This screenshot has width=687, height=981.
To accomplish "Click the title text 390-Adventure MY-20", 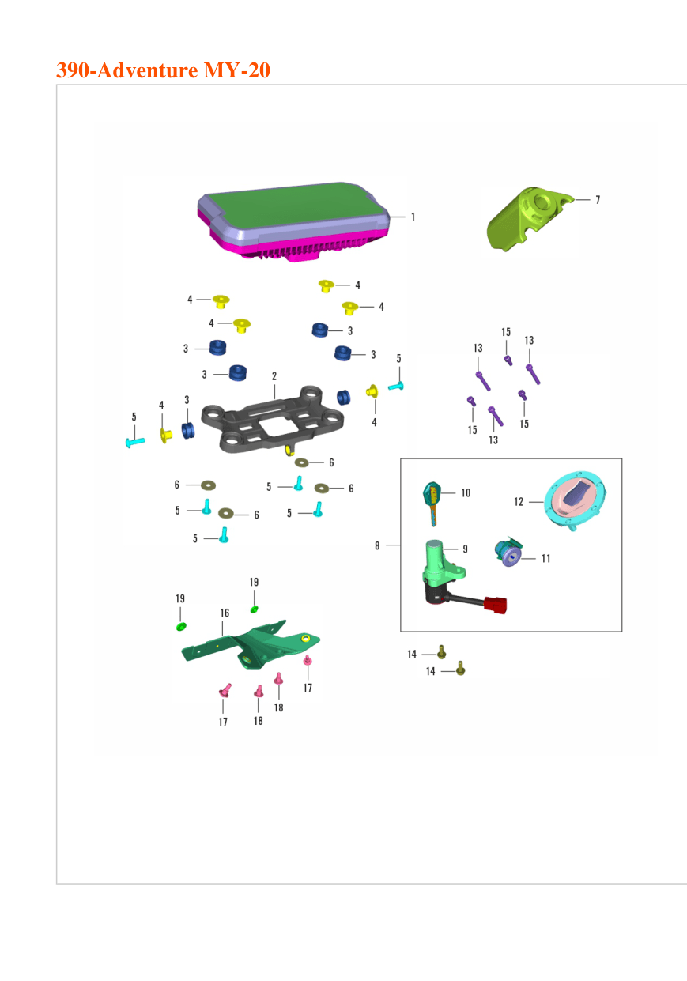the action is coord(163,70).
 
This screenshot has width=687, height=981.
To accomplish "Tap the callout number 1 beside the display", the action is coord(413,217).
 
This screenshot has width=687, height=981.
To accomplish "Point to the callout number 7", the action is coord(598,200).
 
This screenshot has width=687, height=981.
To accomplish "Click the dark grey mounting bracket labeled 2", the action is coord(272,420).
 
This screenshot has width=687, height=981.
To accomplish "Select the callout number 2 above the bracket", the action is coord(274,376).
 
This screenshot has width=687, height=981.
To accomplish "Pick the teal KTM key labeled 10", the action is coord(432,504).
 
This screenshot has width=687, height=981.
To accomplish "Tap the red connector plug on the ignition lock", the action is coord(495,606).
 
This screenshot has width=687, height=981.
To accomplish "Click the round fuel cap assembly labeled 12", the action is coord(576,500).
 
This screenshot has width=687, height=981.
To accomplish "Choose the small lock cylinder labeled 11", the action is coord(508,551).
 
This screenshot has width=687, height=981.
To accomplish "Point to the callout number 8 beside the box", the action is coord(377,545).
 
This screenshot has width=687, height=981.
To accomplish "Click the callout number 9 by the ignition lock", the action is coord(465,549).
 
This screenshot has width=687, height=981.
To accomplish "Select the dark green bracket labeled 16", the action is coord(251,645).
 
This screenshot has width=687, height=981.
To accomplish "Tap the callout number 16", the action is coord(225,613).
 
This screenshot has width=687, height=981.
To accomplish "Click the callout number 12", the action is coord(519,502).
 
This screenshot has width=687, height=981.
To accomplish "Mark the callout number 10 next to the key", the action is coord(466,493).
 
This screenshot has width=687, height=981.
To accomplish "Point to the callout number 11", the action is coord(545,558).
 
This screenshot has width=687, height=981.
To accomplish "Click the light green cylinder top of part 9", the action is coord(434,545).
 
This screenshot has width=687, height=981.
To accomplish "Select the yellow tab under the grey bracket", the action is coord(289,450).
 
